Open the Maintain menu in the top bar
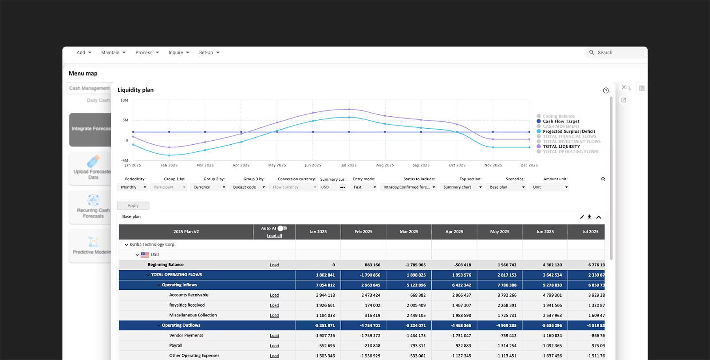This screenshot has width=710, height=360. [113, 52]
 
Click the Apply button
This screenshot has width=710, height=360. [133, 206]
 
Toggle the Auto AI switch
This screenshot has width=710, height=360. [282, 228]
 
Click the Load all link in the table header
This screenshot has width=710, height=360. [274, 236]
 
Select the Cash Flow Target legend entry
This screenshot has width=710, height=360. [561, 121]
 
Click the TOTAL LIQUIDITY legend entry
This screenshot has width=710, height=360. [561, 146]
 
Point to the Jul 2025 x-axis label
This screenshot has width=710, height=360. [349, 165]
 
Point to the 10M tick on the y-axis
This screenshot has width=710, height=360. [124, 100]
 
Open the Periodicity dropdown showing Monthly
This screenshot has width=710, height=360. [133, 187]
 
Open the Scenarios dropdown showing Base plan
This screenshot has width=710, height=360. [507, 187]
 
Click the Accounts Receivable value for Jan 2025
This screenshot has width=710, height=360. [325, 295]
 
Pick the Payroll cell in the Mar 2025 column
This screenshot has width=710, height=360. [415, 346]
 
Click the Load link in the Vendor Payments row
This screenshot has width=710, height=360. [274, 336]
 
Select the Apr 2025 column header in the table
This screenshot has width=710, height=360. [454, 232]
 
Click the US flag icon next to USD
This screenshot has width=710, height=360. [145, 255]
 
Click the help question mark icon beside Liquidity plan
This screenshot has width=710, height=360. [606, 91]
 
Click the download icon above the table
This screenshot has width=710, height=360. [589, 217]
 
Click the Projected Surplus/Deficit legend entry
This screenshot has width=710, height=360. [569, 131]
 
